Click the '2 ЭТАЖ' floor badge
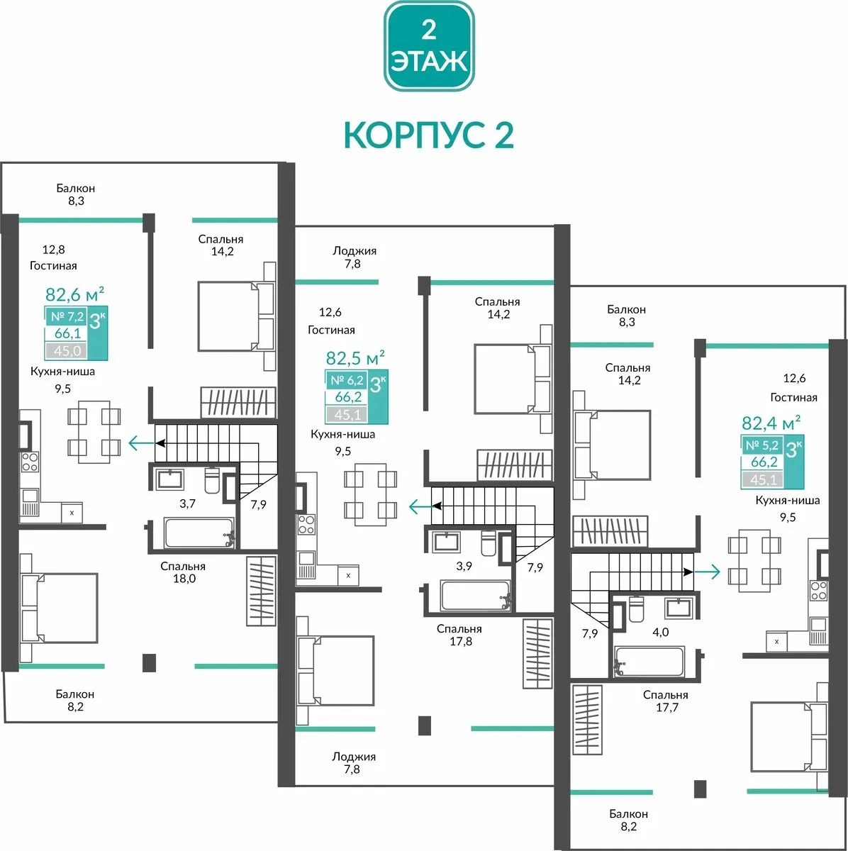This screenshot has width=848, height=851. (429, 46)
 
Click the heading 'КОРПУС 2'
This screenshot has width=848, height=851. (429, 135)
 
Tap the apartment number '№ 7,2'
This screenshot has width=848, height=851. (67, 316)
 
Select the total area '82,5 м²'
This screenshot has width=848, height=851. (355, 357)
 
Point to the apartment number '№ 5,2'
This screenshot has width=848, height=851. (762, 445)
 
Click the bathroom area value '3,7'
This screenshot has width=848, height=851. (187, 504)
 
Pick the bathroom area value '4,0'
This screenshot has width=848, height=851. (660, 632)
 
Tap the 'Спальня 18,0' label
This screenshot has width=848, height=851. (183, 572)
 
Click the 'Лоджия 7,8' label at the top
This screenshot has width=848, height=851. (354, 257)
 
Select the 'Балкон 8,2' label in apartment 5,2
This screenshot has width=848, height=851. (628, 820)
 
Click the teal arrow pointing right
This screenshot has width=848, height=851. (707, 572)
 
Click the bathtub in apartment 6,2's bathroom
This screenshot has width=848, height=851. (475, 595)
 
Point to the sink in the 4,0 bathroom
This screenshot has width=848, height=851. (679, 608)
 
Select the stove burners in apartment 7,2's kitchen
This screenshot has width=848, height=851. (30, 462)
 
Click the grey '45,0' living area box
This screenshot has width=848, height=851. (67, 351)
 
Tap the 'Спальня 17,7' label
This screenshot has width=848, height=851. (666, 701)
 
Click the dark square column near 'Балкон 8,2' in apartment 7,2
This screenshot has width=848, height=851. (150, 663)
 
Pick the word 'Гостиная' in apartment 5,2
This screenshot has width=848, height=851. (793, 397)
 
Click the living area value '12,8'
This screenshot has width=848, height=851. (53, 250)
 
